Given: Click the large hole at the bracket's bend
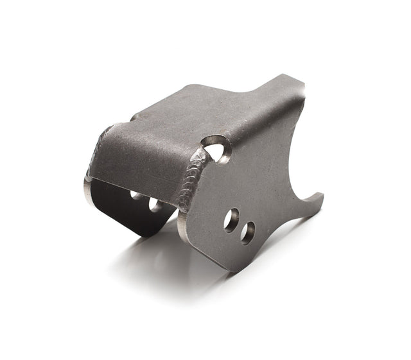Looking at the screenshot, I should [217, 150].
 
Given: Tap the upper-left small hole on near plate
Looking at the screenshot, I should [231, 219].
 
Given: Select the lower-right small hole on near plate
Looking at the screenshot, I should [247, 232].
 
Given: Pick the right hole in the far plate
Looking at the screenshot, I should [155, 205].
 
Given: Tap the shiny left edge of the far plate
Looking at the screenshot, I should [88, 189].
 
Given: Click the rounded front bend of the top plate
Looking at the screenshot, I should [141, 167].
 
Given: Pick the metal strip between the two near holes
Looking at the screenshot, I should [240, 227].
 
